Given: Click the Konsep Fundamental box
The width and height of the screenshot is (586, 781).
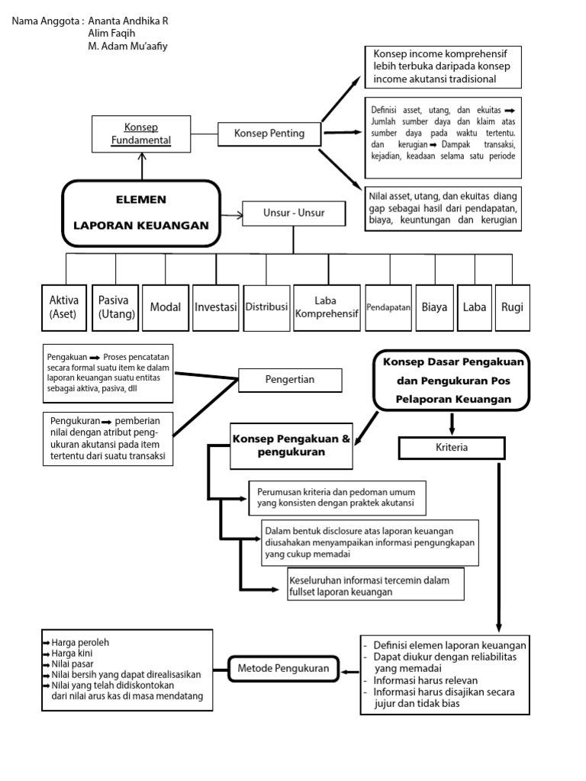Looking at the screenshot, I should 141,133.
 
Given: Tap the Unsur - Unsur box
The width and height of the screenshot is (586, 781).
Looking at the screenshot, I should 294,214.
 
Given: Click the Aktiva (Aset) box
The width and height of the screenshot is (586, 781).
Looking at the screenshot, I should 64,307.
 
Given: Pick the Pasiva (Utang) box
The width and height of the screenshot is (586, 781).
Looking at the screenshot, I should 117,307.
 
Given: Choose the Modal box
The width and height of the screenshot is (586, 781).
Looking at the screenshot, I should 166,307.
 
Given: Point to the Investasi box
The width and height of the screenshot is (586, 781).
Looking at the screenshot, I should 216,307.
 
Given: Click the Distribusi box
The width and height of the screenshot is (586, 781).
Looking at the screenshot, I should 266,307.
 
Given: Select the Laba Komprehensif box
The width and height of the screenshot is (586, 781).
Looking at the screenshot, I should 326,307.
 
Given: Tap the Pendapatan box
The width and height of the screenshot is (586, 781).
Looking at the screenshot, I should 389,307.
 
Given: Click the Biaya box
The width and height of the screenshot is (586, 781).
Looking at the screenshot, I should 434,307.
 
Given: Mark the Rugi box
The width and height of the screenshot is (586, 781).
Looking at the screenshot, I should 512,307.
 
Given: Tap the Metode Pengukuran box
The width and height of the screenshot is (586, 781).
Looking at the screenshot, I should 282,669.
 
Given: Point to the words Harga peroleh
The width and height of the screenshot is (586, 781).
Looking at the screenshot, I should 77,642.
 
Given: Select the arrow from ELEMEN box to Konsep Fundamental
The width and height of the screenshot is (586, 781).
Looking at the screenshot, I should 141,166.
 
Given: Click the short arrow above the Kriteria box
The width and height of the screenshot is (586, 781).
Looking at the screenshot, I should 452,423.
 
